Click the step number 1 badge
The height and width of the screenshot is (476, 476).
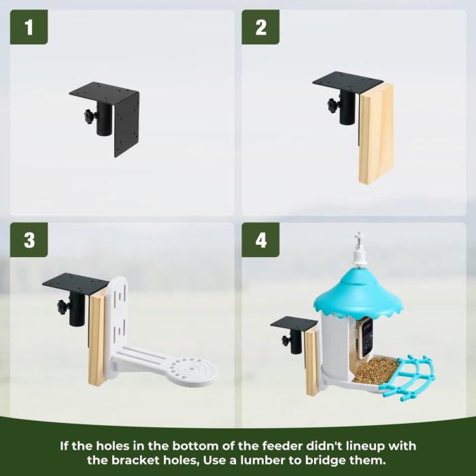[x=29, y=27]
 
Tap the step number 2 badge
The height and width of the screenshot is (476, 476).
[x=260, y=27]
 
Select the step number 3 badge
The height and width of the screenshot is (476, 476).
[x=29, y=240]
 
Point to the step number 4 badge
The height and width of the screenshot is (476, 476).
[x=260, y=240]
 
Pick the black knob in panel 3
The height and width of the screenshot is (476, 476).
[x=63, y=307]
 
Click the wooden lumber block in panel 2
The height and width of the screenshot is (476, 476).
[x=376, y=133]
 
